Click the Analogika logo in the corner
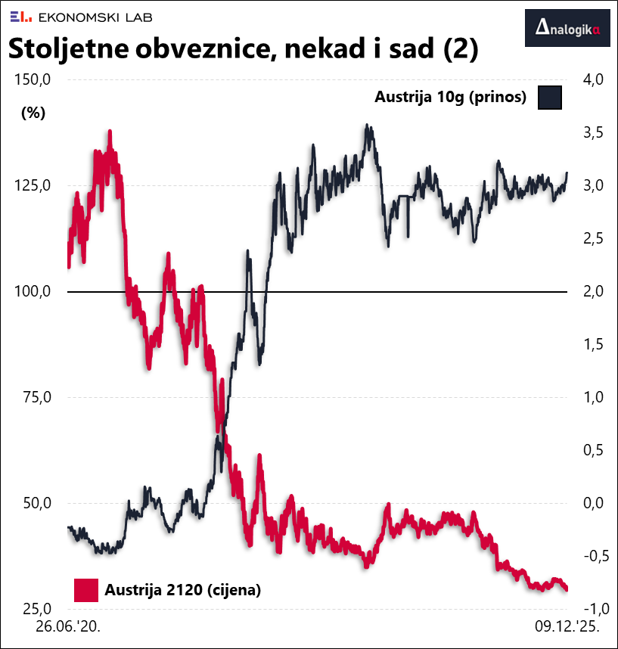pyautogui.click(x=567, y=29)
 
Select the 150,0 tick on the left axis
pyautogui.click(x=33, y=80)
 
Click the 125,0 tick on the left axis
pyautogui.click(x=33, y=186)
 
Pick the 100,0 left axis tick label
pyautogui.click(x=33, y=292)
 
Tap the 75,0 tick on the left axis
pyautogui.click(x=36, y=398)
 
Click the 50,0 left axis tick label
pyautogui.click(x=36, y=504)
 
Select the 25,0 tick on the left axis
pyautogui.click(x=36, y=610)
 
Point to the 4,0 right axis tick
pyautogui.click(x=592, y=80)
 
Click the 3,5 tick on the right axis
pyautogui.click(x=592, y=133)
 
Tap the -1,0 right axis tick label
pyautogui.click(x=589, y=610)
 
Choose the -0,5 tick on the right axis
pyautogui.click(x=589, y=557)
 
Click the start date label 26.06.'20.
pyautogui.click(x=67, y=628)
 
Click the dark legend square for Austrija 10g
pyautogui.click(x=549, y=98)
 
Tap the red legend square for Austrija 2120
pyautogui.click(x=85, y=590)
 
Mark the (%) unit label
pyautogui.click(x=33, y=113)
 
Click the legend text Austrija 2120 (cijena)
pyautogui.click(x=183, y=590)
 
